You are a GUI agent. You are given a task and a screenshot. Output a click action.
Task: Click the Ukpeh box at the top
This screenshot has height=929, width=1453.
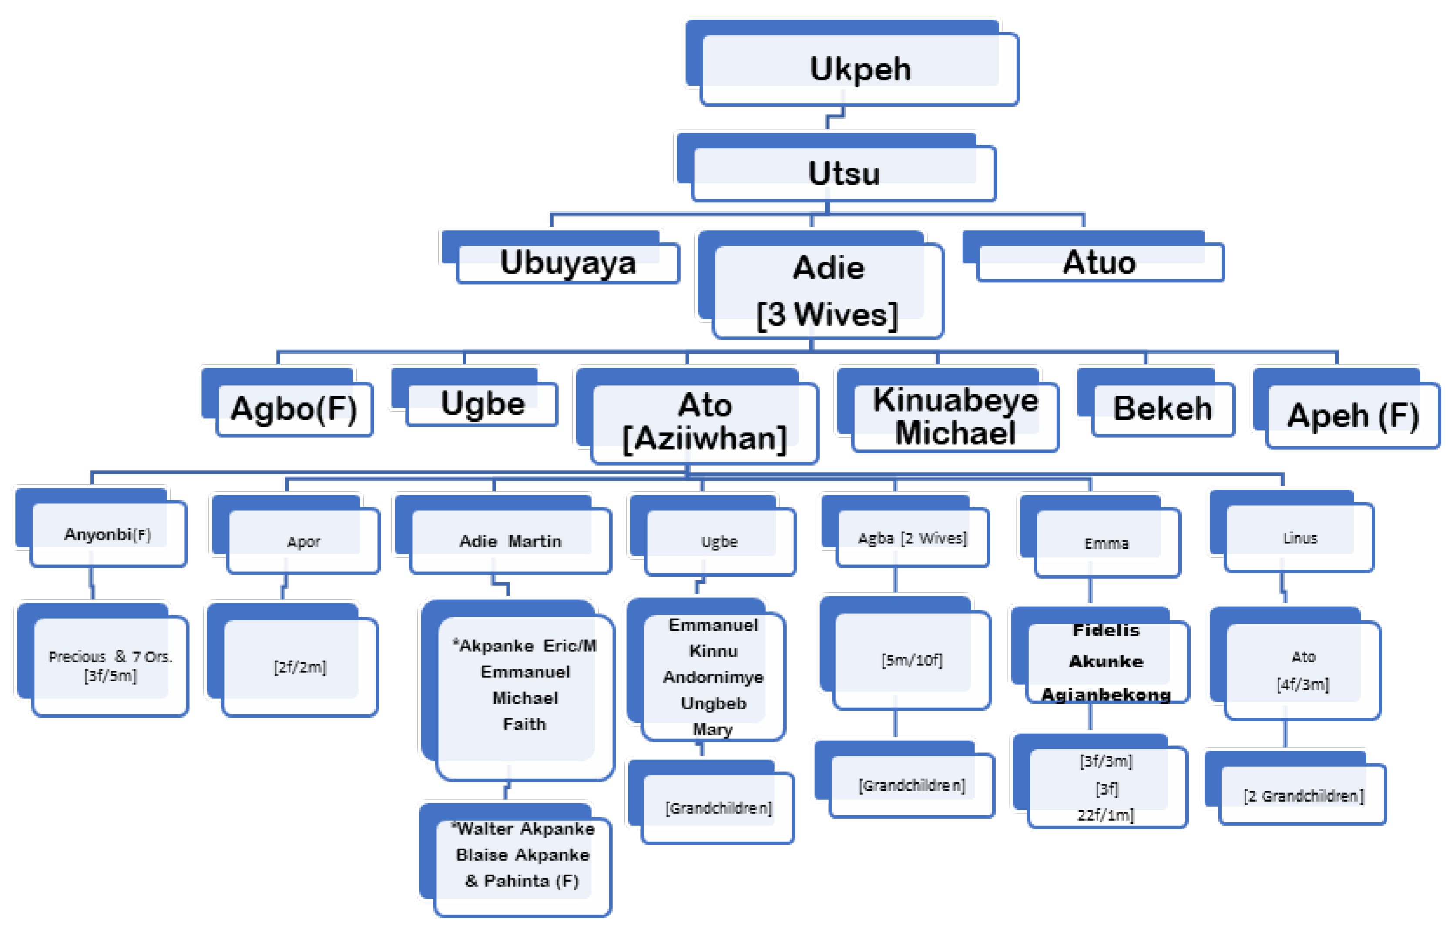click(859, 69)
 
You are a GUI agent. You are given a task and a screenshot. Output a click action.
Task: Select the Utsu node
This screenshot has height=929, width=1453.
click(844, 173)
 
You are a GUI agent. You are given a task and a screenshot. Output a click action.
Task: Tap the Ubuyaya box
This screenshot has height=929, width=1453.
click(568, 263)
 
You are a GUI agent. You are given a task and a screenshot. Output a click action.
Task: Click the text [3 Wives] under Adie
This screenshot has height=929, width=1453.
click(827, 314)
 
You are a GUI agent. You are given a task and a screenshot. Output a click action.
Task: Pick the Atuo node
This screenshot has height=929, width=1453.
click(1099, 262)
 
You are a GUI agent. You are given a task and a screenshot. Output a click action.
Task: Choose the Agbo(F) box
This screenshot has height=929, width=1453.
click(294, 409)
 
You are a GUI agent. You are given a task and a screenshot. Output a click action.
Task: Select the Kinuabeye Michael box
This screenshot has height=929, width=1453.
click(955, 416)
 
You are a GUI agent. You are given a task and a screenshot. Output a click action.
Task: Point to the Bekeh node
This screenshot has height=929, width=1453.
click(1162, 409)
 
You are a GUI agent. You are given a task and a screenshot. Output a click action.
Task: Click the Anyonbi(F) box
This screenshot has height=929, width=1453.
click(107, 534)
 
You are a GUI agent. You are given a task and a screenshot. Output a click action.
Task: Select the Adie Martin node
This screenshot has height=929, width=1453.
click(510, 541)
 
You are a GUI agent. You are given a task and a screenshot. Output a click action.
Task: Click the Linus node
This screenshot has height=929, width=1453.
click(1300, 538)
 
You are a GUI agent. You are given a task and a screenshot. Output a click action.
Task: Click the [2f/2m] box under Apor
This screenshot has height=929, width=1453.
click(300, 667)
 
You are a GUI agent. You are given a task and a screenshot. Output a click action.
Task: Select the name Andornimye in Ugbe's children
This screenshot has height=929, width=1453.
click(713, 677)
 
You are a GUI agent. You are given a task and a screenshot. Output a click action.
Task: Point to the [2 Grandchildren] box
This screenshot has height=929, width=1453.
click(1303, 796)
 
